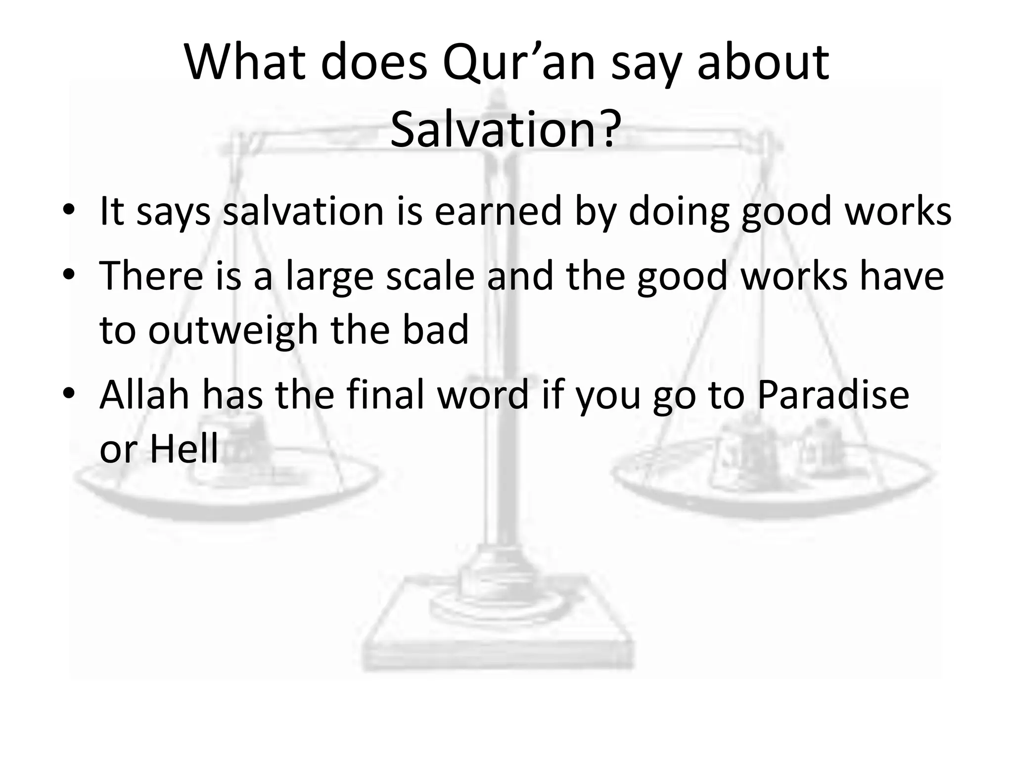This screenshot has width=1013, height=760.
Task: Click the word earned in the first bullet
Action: [498, 211]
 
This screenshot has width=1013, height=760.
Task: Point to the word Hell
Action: [184, 449]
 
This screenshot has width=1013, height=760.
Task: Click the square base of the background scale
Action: [497, 638]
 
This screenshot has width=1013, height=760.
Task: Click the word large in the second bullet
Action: [329, 277]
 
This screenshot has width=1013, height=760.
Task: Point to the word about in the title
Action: [763, 63]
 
